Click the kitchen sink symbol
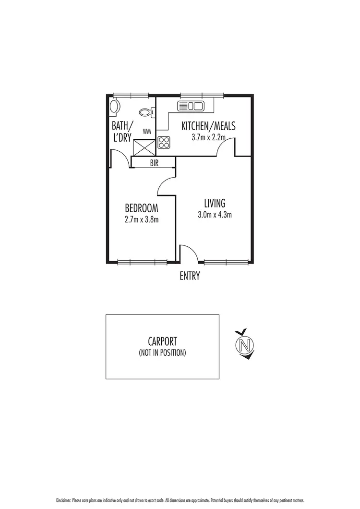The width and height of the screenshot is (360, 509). tap(191, 106)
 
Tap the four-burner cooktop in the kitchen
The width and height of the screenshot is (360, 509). tap(164, 142)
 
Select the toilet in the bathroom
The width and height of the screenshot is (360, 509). tap(146, 112)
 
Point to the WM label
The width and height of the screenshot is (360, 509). tap(146, 131)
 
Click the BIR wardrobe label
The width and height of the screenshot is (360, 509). tap(154, 163)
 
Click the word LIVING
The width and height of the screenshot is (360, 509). tap(215, 203)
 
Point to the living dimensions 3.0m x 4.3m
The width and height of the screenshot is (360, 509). tap(215, 215)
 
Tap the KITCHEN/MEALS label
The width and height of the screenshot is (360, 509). tap(208, 126)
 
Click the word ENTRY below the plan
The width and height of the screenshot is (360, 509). tap(190, 276)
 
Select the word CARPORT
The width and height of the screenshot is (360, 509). tap(162, 342)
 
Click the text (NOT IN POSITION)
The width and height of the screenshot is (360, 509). tap(162, 353)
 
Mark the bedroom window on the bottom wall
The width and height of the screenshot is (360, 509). tap(142, 262)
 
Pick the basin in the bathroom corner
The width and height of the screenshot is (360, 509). tap(114, 108)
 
